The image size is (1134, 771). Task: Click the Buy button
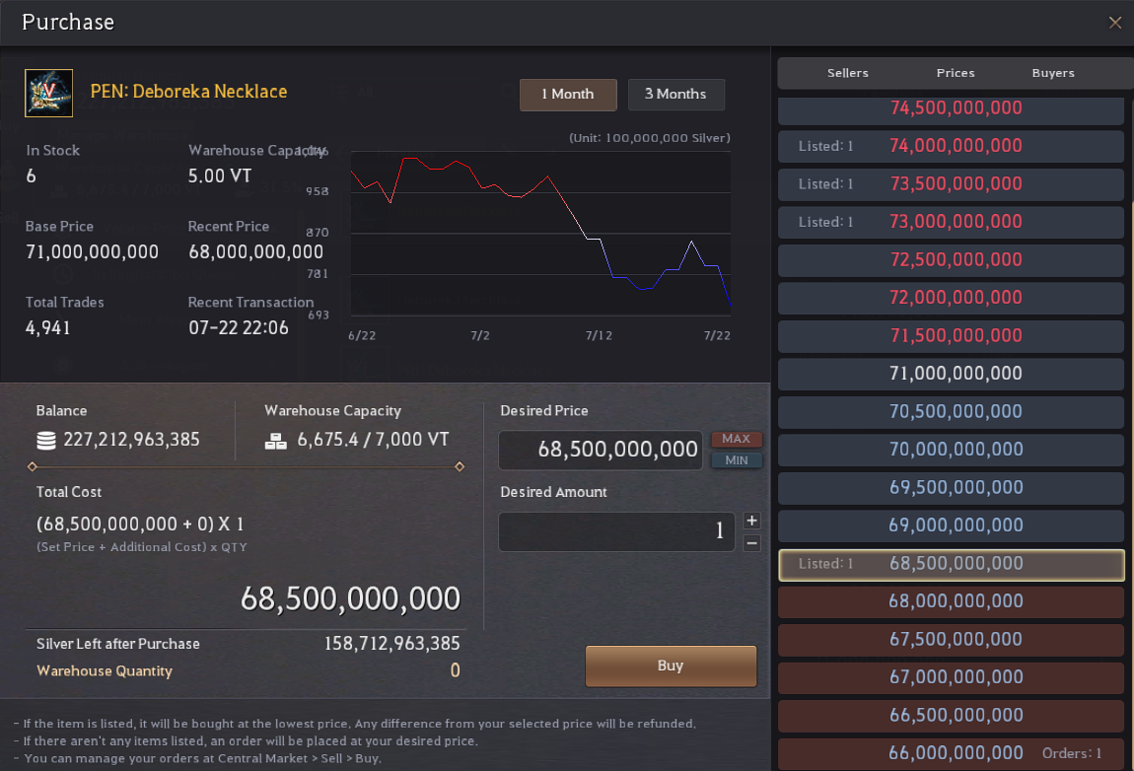click(x=671, y=666)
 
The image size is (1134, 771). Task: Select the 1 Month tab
click(x=568, y=95)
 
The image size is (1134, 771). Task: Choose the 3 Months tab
click(x=675, y=95)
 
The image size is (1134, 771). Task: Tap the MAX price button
click(x=737, y=439)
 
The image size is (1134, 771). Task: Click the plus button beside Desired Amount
click(x=752, y=521)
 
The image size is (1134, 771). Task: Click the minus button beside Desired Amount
click(x=752, y=543)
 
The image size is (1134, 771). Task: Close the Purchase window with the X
click(x=1115, y=23)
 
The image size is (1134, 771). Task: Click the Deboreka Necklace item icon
click(x=48, y=94)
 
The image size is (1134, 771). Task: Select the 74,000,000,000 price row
click(x=951, y=146)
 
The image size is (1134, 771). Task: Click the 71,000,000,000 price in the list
click(x=956, y=374)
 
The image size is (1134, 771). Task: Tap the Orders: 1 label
click(x=1072, y=753)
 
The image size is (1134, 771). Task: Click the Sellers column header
click(x=848, y=73)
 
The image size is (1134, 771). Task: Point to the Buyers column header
click(x=1053, y=73)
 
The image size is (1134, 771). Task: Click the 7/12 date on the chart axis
click(x=599, y=335)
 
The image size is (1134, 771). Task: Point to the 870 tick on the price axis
click(x=318, y=233)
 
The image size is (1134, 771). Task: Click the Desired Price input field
click(x=601, y=450)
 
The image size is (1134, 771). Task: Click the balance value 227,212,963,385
click(x=131, y=440)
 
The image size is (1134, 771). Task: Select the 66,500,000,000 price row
click(x=951, y=716)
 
